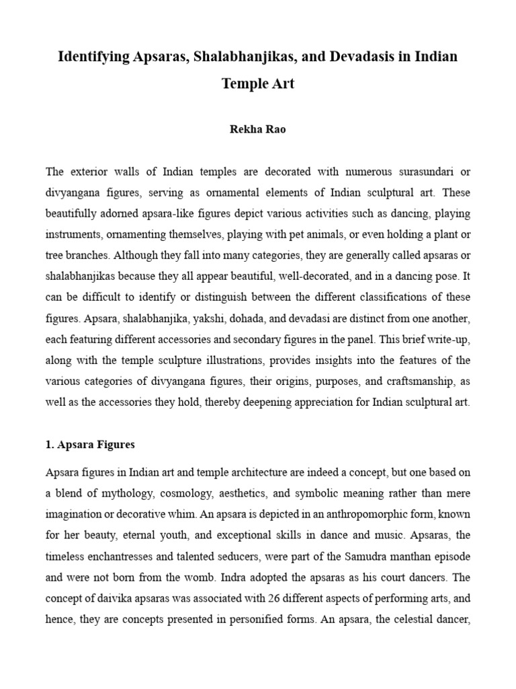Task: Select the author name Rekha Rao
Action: pos(258,130)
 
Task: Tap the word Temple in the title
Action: pos(243,85)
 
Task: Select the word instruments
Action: pos(73,235)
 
